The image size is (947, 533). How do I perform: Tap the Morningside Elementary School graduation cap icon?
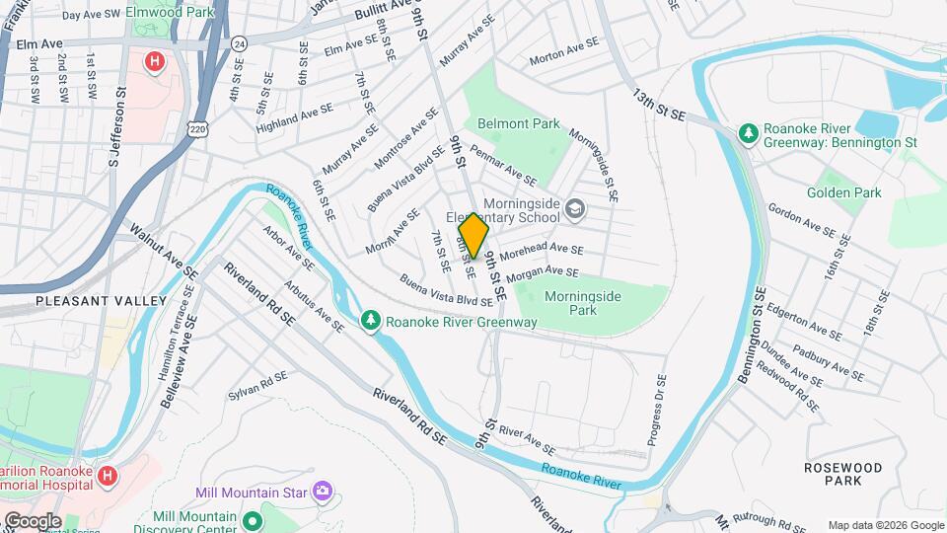point(576,208)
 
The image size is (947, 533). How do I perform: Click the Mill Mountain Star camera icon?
point(322,491)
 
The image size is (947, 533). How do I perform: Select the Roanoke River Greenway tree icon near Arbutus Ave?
point(370,321)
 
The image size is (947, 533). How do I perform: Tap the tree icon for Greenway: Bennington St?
point(749,132)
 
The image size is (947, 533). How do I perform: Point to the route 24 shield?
point(239,44)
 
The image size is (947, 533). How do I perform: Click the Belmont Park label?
point(518,124)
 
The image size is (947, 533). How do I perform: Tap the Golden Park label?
point(843,193)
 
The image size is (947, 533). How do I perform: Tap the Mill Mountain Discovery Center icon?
point(252,520)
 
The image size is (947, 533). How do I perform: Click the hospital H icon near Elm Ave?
point(154,62)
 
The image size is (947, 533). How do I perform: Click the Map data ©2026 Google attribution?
point(885,525)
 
